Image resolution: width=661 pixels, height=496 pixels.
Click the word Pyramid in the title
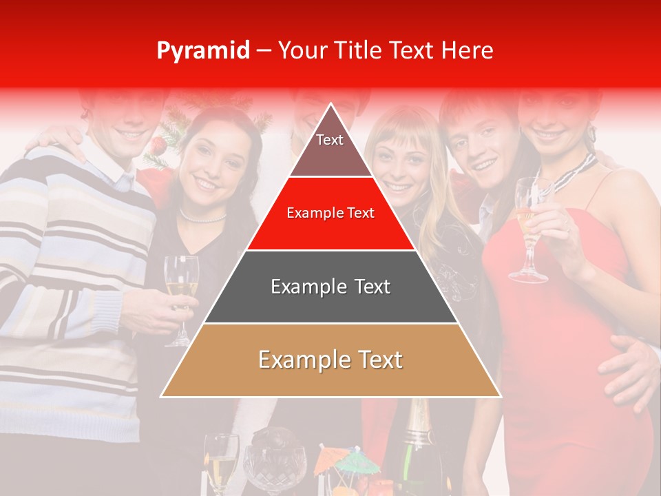click(203, 51)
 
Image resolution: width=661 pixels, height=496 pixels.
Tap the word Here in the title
click(467, 50)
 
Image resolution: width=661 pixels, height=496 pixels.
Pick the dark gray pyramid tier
click(330, 287)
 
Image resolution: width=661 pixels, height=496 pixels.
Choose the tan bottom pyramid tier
click(330, 360)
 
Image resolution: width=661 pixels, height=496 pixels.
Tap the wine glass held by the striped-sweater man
click(181, 289)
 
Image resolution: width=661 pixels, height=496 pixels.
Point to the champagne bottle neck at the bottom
click(417, 420)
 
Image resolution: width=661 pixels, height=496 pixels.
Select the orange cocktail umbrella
click(328, 457)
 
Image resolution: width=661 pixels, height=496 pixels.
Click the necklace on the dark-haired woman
click(202, 218)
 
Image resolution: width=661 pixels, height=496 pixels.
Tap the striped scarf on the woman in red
click(575, 172)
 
